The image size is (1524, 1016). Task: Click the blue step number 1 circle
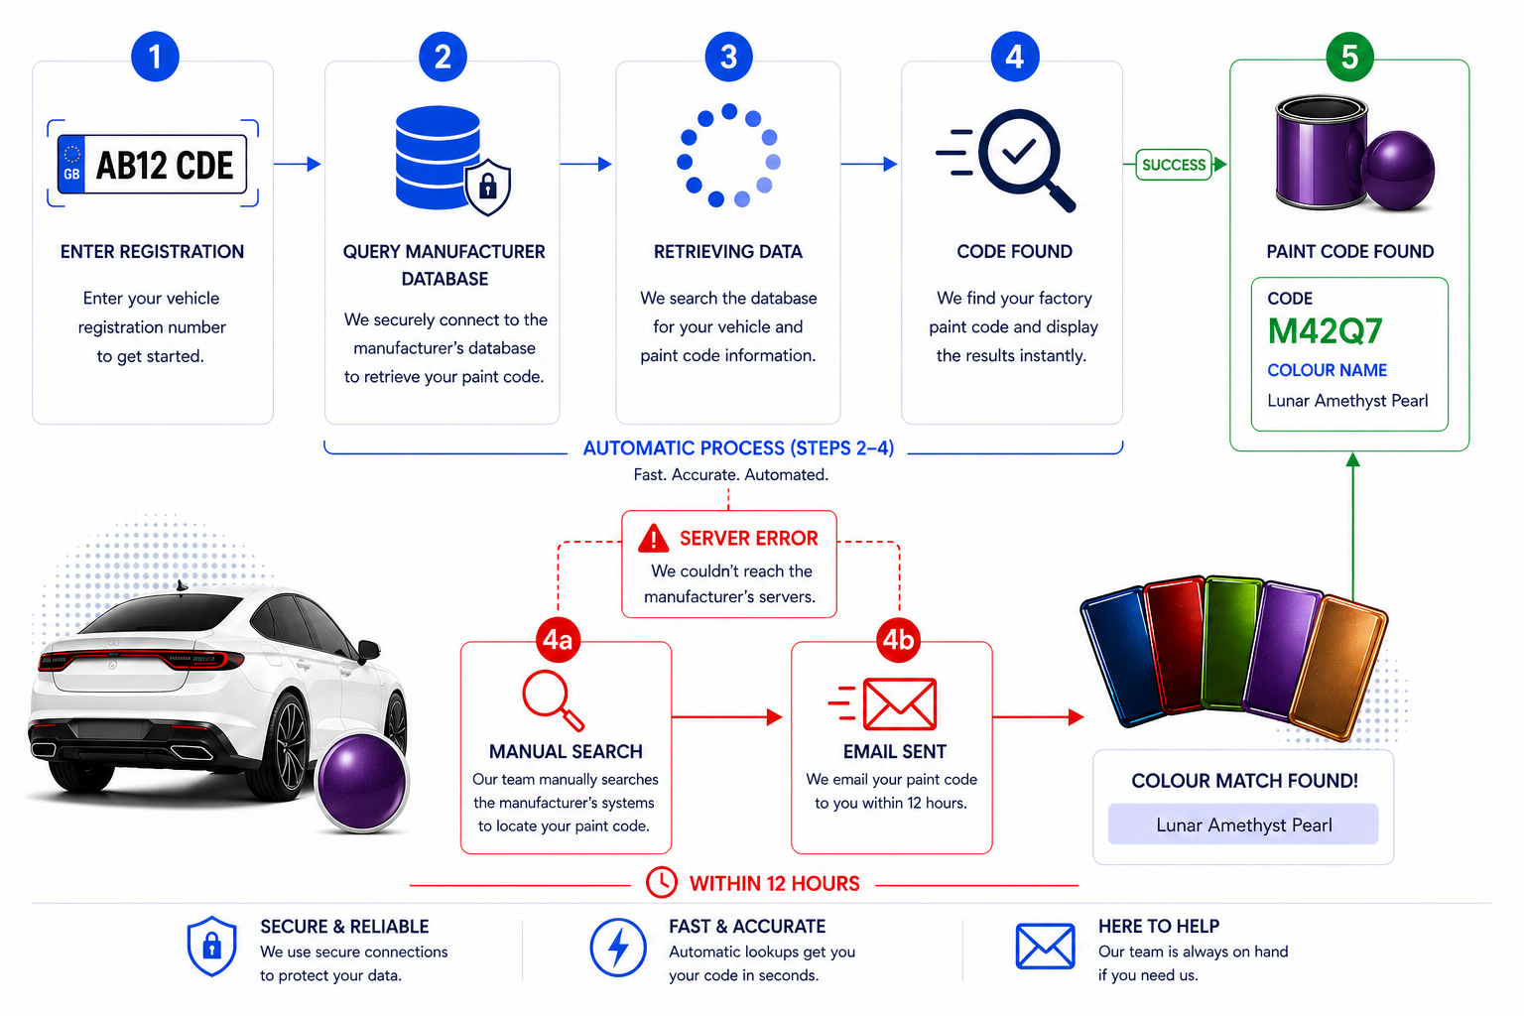pos(155,57)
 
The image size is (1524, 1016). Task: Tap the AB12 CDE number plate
pos(152,164)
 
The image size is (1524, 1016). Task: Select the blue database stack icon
pos(437,156)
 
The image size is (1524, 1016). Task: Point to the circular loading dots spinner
pos(728,156)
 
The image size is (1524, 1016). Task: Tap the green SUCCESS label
pos(1173,165)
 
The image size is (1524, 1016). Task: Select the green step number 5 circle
pos(1349,57)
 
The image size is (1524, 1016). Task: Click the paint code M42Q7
pos(1325,331)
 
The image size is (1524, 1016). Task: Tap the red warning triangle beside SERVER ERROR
pos(654,539)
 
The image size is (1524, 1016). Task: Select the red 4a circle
pos(558,640)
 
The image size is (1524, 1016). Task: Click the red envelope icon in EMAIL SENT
pos(899,704)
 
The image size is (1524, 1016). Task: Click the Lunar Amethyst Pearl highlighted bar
pos(1243,825)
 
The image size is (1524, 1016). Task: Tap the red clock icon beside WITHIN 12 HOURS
pos(661,882)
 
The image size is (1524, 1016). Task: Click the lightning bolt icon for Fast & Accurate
pos(618,947)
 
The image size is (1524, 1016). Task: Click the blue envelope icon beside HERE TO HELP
pos(1045,947)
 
